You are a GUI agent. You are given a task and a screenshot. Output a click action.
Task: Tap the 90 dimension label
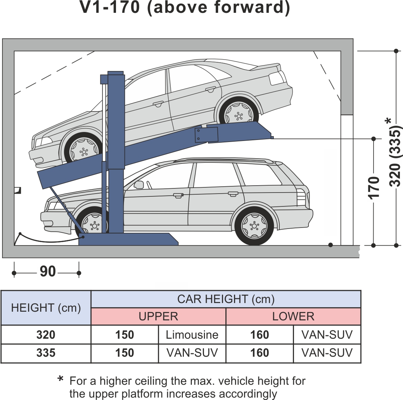click(x=48, y=272)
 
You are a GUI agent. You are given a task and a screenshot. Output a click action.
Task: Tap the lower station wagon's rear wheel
click(x=254, y=225)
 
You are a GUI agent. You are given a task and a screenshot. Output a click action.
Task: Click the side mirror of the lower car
click(x=139, y=185)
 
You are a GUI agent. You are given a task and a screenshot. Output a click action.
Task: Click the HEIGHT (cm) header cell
click(x=46, y=308)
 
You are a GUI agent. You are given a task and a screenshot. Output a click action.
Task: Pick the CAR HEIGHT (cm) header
click(x=226, y=299)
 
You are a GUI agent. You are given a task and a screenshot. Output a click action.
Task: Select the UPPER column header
click(x=158, y=316)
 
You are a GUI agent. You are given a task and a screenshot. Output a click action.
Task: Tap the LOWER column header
click(x=293, y=316)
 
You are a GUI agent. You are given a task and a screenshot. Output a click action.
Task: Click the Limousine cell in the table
click(x=192, y=335)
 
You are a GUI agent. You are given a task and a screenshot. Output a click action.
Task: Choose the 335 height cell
click(x=46, y=353)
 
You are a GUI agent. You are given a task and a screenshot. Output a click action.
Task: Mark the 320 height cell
click(x=46, y=335)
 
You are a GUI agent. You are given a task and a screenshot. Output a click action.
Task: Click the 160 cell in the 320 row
click(x=260, y=335)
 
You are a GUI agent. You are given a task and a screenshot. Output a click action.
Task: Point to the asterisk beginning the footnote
click(x=61, y=380)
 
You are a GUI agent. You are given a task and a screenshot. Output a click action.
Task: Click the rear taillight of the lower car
click(x=301, y=197)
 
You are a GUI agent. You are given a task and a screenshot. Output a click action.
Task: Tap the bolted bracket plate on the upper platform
click(x=206, y=135)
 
